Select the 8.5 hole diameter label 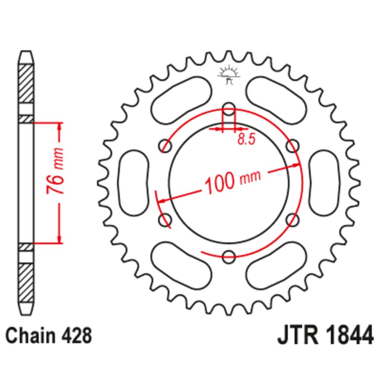246,139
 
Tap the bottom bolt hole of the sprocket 229,256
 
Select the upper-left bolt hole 165,146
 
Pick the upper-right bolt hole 293,145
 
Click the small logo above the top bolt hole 229,74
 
